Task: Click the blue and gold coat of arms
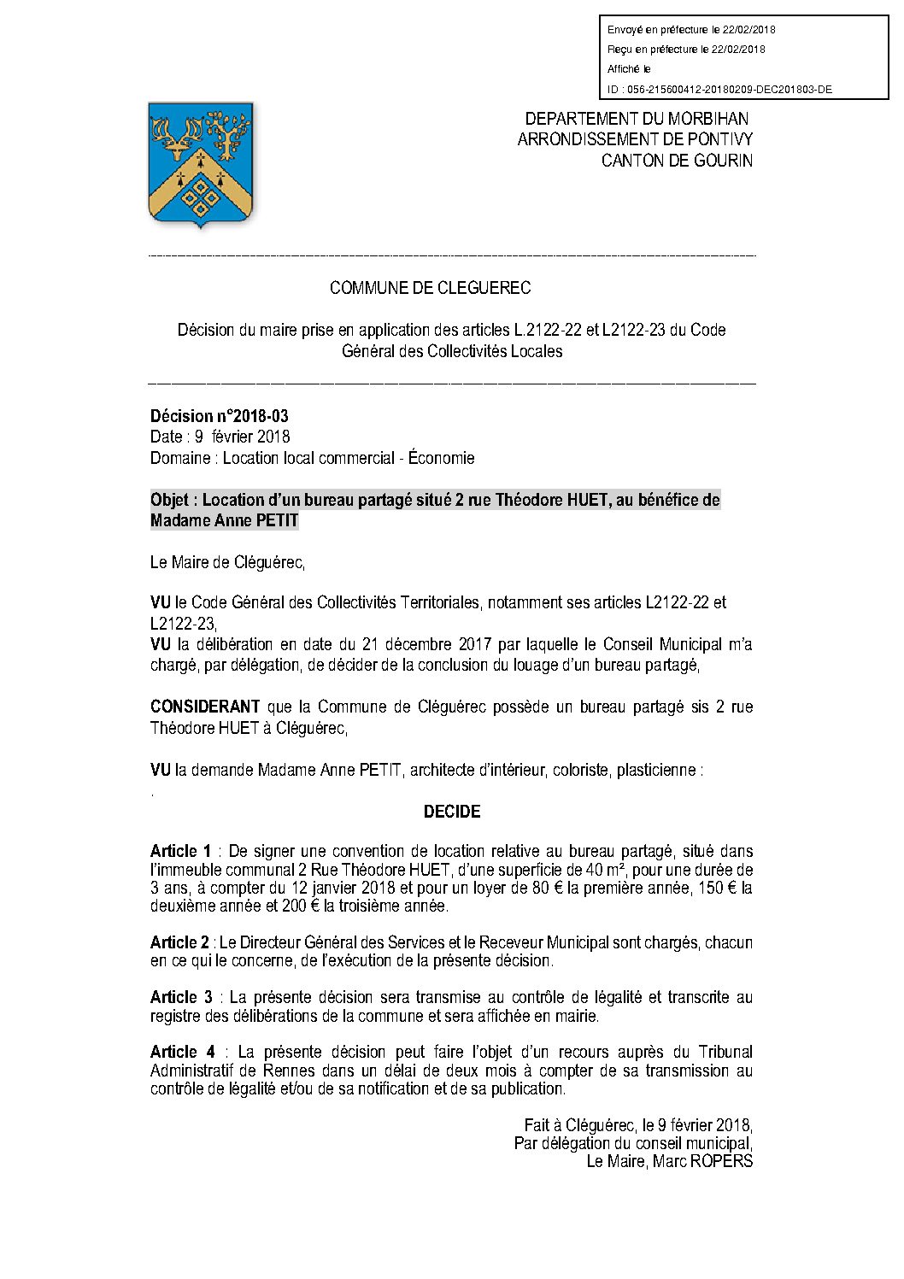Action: click(x=202, y=164)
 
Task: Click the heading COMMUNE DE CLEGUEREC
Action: click(x=430, y=288)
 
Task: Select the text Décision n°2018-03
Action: click(x=220, y=416)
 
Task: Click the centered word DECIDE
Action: click(x=452, y=812)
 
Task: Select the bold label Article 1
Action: click(x=180, y=851)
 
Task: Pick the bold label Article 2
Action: click(x=179, y=942)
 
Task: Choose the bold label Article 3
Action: click(x=180, y=997)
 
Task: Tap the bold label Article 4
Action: click(x=182, y=1052)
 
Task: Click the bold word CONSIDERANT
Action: click(x=205, y=707)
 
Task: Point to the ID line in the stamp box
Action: click(x=719, y=89)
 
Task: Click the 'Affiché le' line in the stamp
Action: click(x=629, y=69)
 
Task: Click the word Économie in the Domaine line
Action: click(x=441, y=458)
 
